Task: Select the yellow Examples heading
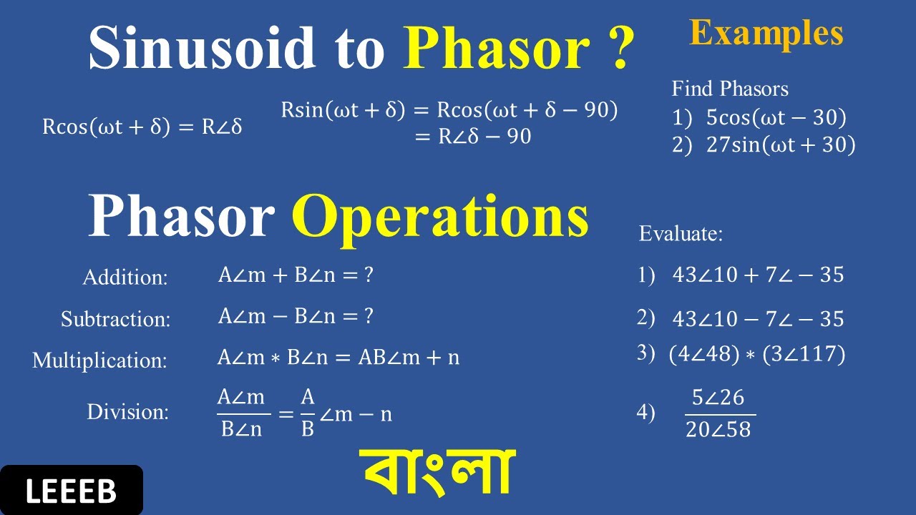tap(766, 34)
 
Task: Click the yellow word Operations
tap(440, 217)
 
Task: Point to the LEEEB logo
tap(71, 491)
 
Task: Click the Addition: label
tap(125, 278)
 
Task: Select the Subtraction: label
tap(116, 319)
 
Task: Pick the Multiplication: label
tap(99, 360)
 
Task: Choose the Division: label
tap(128, 412)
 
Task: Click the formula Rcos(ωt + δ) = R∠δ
tap(142, 127)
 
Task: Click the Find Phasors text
tap(730, 89)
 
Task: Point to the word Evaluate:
tap(681, 233)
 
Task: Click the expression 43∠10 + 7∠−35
tap(758, 275)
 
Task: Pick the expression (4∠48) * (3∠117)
tap(756, 354)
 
